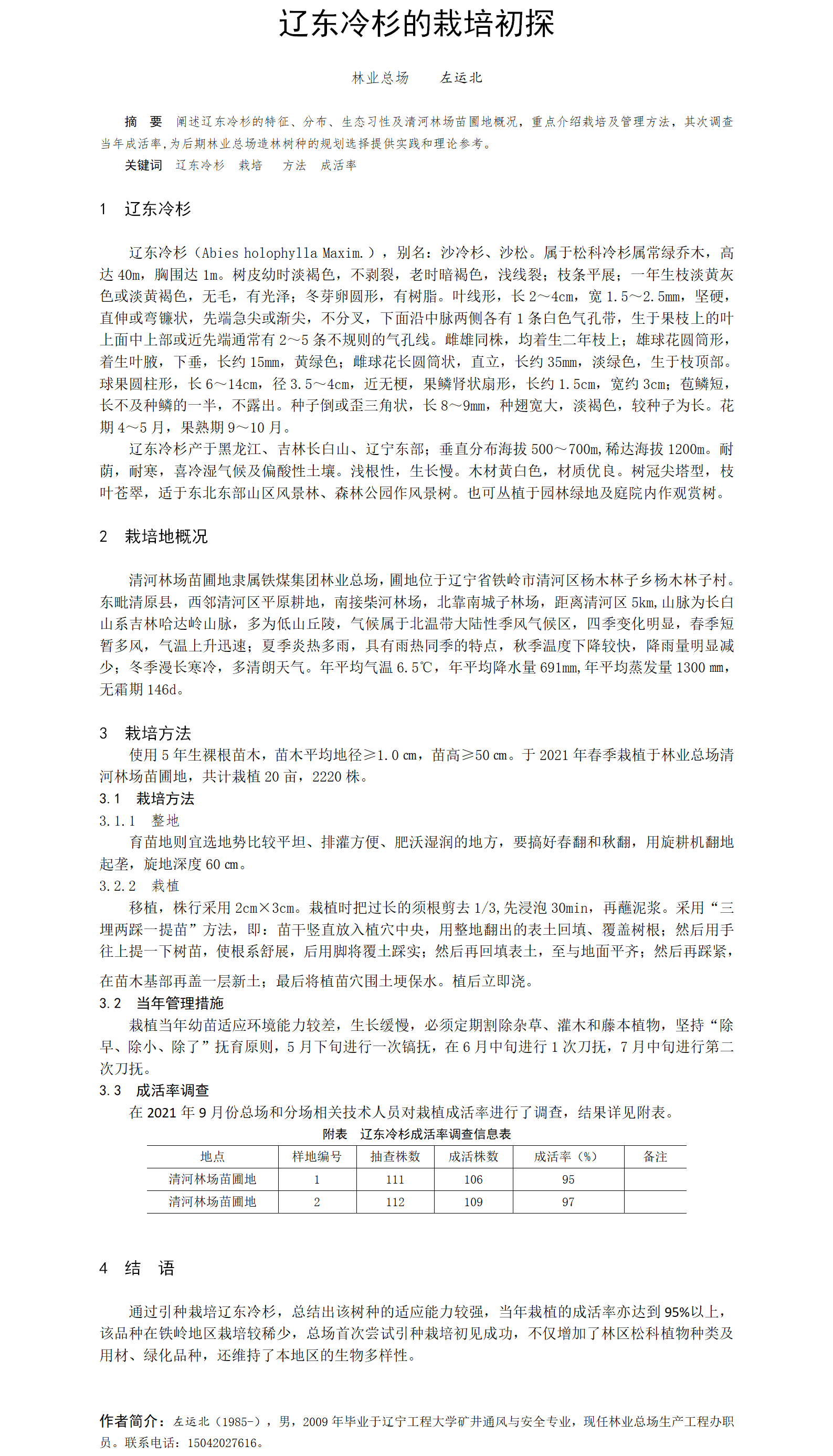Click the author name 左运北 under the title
[461, 78]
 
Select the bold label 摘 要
[143, 121]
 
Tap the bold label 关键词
[143, 165]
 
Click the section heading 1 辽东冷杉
[145, 209]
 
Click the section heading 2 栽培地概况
[153, 536]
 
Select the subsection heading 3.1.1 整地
[139, 820]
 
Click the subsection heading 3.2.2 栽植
[139, 885]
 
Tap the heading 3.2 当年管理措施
[161, 1003]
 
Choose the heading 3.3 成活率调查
[154, 1091]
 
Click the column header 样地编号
[317, 1157]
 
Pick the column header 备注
[655, 1157]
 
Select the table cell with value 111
[395, 1180]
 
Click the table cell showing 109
[473, 1202]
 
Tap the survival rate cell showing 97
[567, 1202]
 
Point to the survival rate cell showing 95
[567, 1180]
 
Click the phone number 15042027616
[222, 1443]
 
